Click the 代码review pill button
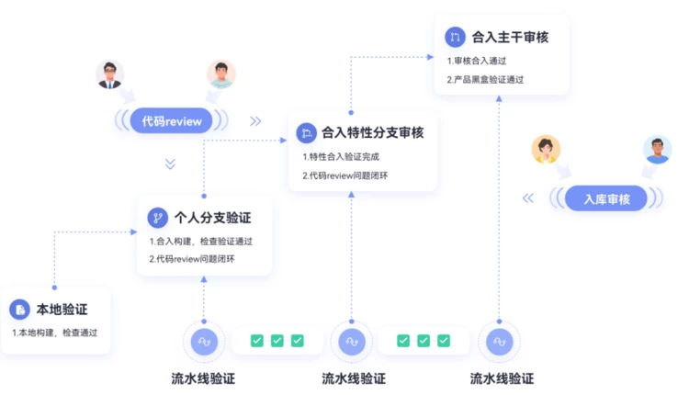(x=171, y=120)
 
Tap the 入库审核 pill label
(x=605, y=197)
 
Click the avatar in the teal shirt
(x=221, y=73)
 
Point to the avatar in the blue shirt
(x=657, y=150)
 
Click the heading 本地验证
(x=62, y=310)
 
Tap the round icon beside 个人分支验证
(x=157, y=218)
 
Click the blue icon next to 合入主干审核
(x=455, y=37)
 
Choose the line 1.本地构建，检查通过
(x=55, y=333)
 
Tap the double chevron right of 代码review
(x=255, y=120)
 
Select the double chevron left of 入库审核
(x=528, y=197)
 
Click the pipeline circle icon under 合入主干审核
(x=500, y=341)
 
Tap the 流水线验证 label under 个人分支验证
(x=203, y=378)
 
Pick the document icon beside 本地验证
(x=18, y=310)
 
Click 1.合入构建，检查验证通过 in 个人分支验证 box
(x=201, y=241)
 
